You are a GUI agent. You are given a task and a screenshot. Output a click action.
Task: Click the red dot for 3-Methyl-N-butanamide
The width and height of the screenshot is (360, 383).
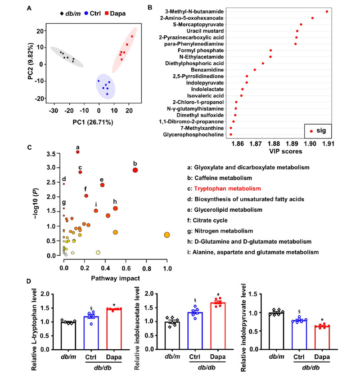(x=327, y=12)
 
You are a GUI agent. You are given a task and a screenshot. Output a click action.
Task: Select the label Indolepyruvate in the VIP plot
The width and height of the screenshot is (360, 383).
(x=205, y=83)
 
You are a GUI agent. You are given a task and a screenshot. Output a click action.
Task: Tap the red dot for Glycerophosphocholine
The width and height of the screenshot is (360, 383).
(x=230, y=134)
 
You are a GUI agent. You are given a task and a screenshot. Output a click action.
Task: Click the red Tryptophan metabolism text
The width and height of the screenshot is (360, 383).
(x=227, y=188)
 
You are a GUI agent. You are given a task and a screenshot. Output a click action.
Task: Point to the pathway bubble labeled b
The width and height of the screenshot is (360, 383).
(x=135, y=170)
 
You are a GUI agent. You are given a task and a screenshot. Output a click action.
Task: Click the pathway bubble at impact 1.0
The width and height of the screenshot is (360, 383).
(x=167, y=235)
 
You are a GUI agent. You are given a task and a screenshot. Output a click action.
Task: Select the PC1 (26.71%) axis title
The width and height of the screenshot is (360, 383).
(x=93, y=122)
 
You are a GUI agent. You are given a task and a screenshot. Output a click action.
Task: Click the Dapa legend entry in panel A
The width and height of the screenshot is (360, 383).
(x=115, y=13)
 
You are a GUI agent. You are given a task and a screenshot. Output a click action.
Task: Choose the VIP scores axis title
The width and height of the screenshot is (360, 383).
(x=286, y=151)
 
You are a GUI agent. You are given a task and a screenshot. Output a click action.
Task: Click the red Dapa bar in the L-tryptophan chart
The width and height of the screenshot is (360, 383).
(x=114, y=329)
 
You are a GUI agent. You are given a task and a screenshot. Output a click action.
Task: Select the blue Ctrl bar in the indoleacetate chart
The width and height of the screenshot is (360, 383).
(x=195, y=331)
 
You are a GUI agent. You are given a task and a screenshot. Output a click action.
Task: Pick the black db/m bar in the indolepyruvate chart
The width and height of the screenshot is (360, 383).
(x=276, y=331)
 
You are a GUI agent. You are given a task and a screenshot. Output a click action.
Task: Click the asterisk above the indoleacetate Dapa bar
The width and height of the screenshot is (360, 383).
(x=218, y=295)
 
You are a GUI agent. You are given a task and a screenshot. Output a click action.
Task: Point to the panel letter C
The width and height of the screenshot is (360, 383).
(x=29, y=147)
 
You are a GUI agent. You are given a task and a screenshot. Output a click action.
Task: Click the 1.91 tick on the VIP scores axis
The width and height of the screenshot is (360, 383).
(x=328, y=144)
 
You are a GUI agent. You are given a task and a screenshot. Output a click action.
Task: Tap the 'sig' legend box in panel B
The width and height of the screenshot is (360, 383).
(x=318, y=131)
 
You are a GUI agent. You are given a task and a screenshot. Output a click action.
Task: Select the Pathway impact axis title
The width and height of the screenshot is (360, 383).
(x=116, y=278)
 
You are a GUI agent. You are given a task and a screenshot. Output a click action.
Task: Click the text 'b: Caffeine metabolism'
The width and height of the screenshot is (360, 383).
(x=220, y=178)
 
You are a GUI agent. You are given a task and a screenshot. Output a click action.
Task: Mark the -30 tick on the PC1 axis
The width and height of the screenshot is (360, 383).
(x=53, y=111)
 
